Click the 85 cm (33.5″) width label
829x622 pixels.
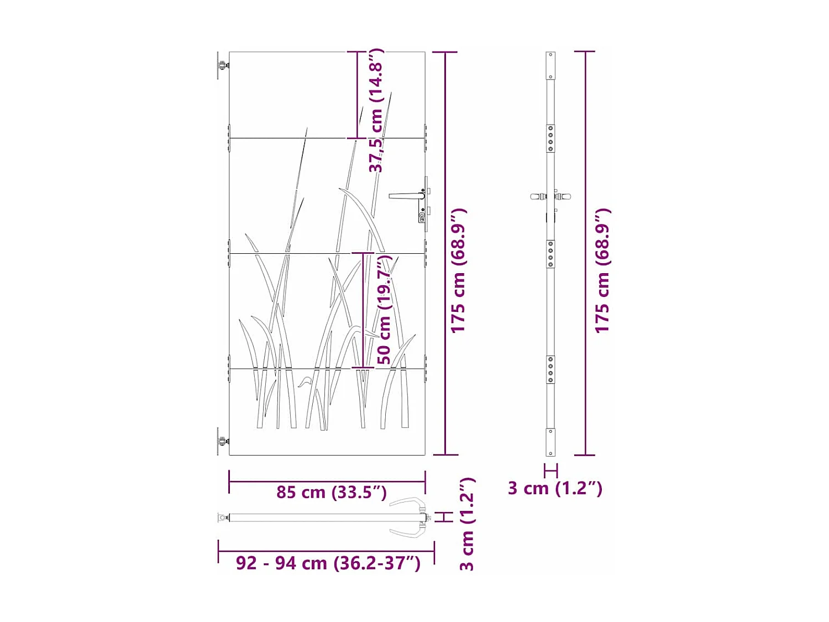click(331, 492)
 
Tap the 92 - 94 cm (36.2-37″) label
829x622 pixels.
click(328, 562)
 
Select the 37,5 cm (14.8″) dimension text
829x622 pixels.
click(376, 111)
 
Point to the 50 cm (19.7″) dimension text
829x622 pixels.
click(384, 310)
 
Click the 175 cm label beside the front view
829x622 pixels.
click(458, 271)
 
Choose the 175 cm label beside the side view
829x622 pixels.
click(602, 271)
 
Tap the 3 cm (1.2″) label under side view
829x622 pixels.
click(555, 488)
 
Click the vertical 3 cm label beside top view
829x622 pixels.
click(467, 524)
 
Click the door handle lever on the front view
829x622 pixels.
click(406, 196)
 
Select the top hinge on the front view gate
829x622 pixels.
click(222, 65)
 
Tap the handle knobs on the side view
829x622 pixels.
click(550, 196)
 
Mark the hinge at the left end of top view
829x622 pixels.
click(223, 518)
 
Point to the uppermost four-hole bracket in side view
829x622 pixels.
click(550, 138)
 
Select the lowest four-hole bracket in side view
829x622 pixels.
click(550, 369)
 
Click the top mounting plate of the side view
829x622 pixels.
click(550, 66)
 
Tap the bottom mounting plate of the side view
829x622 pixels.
click(550, 442)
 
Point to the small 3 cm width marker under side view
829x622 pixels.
click(550, 471)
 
